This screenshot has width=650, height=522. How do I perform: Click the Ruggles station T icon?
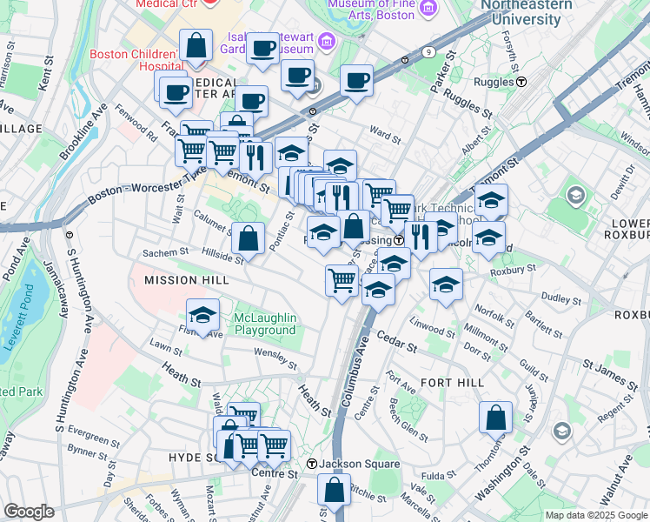click(x=521, y=82)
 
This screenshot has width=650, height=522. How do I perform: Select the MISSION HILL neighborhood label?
click(x=186, y=280)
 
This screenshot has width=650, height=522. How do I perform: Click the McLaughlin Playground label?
click(x=265, y=324)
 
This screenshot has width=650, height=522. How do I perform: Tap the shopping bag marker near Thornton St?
click(x=494, y=417)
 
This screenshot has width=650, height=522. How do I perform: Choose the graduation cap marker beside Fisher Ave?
click(x=202, y=315)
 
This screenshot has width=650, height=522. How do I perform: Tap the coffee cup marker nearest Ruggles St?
click(x=356, y=81)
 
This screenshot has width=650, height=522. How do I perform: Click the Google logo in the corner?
click(x=29, y=512)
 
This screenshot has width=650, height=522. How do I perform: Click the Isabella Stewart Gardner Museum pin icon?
click(x=326, y=40)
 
